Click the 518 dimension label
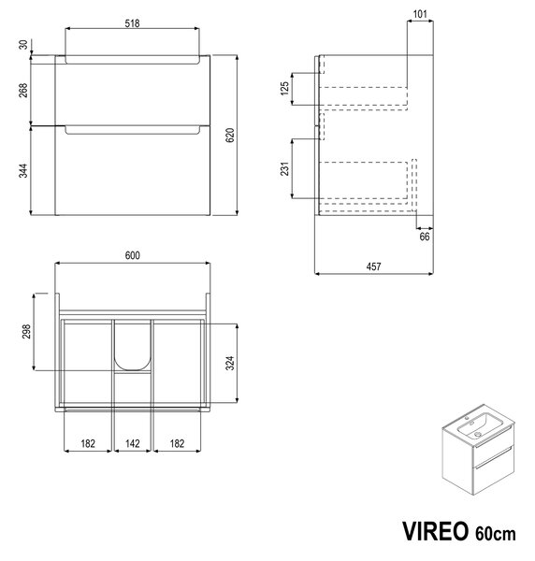132,23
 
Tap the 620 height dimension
230,135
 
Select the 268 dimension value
22,90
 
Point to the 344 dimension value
22,171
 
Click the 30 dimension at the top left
22,45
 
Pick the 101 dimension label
420,14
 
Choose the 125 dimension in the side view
284,89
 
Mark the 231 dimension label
284,169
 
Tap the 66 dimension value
425,237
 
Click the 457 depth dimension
373,266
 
